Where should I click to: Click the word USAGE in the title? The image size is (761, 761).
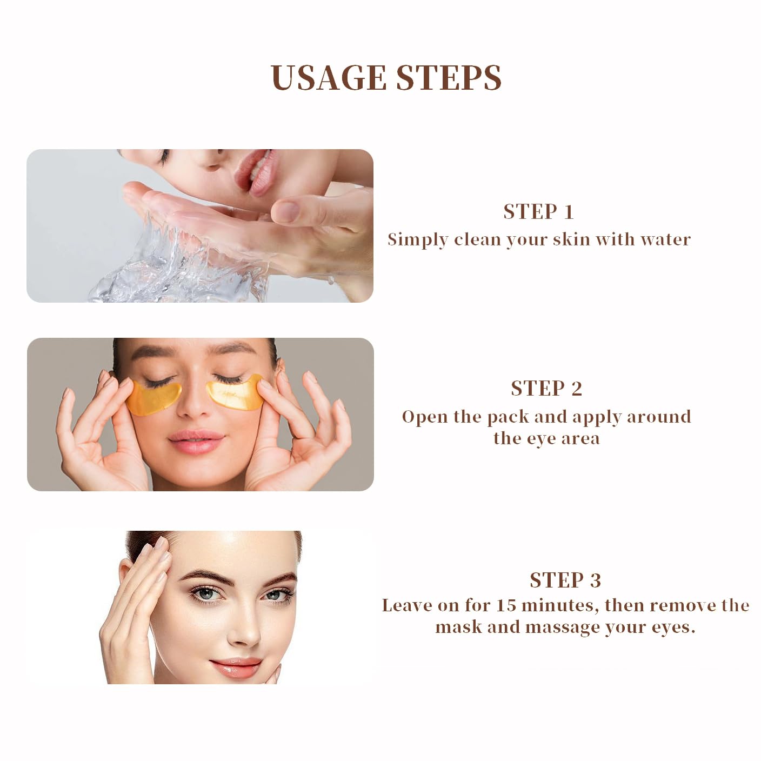click(x=328, y=78)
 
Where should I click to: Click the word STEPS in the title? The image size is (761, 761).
click(x=449, y=78)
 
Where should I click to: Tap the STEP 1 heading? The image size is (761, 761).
click(x=538, y=212)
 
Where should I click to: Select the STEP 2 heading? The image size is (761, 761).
click(x=546, y=389)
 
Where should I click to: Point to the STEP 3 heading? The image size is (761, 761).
click(x=565, y=580)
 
